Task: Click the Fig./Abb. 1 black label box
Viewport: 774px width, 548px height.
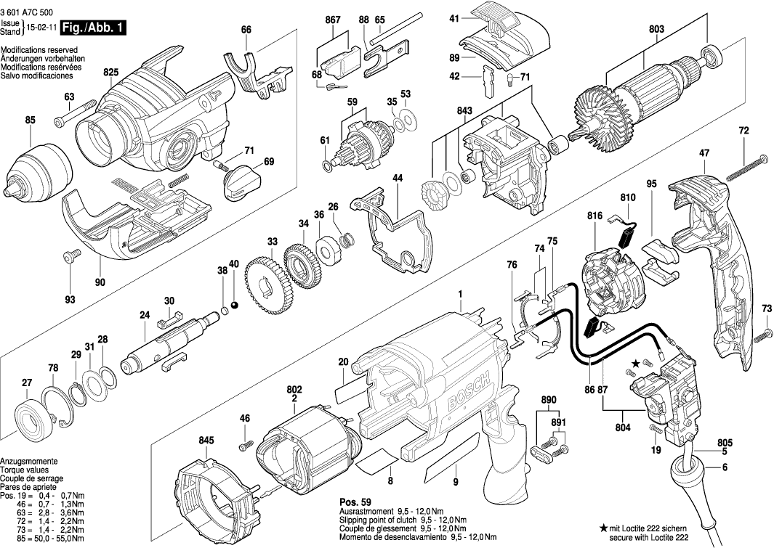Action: click(x=92, y=28)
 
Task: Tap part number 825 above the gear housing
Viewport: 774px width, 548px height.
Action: click(x=110, y=72)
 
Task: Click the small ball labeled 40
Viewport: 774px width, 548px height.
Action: click(x=234, y=303)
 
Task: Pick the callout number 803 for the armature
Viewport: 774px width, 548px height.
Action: click(x=656, y=30)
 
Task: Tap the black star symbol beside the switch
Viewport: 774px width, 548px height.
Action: click(x=636, y=362)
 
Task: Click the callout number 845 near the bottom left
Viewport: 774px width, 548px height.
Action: click(x=206, y=440)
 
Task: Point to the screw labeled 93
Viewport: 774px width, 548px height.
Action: click(x=70, y=255)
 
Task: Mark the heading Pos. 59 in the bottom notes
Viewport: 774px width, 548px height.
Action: click(x=355, y=502)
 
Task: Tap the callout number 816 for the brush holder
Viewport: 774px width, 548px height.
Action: click(x=595, y=216)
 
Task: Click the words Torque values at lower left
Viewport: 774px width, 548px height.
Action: click(x=25, y=470)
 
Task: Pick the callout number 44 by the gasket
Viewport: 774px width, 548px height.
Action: click(x=397, y=178)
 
